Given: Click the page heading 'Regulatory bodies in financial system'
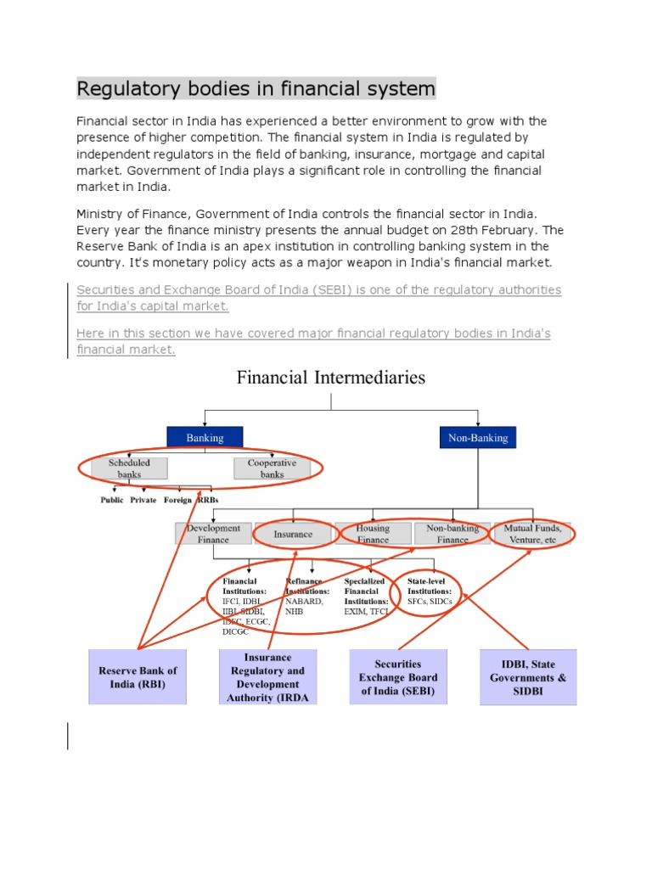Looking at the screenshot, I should (256, 88).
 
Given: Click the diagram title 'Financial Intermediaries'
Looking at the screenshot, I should (330, 377).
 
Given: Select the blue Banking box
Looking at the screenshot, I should (205, 438).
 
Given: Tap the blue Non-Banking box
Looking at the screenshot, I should (477, 438).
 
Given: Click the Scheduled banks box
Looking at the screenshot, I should (129, 468).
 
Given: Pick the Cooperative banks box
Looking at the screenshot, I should (272, 468).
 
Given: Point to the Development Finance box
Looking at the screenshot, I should (213, 533).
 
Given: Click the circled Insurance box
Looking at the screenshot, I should (293, 534).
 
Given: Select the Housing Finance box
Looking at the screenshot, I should (373, 533).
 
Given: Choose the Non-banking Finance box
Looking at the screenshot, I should (452, 533).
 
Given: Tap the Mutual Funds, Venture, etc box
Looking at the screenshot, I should (532, 533).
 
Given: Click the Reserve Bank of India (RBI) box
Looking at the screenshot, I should (138, 677).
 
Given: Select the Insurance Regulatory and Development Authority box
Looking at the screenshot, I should (268, 677).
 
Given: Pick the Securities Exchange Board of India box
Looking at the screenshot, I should (398, 677).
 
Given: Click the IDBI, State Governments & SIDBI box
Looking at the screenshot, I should (528, 677).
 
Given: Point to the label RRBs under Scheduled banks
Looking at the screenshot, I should (208, 501).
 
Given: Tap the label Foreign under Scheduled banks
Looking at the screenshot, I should (177, 501).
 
